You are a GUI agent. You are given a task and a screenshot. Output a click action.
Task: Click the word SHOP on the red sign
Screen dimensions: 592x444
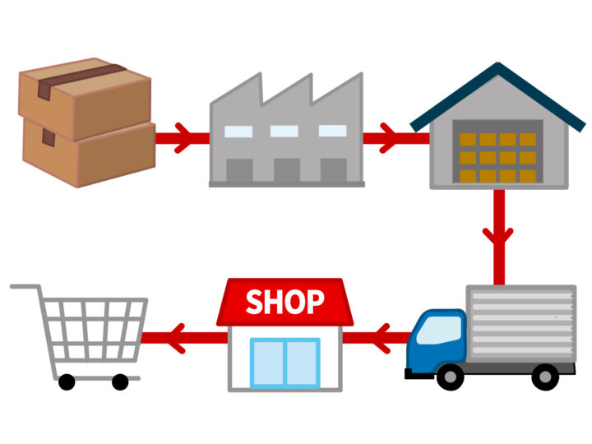(285, 302)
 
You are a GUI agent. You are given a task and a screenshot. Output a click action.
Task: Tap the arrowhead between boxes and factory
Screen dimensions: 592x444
(185, 138)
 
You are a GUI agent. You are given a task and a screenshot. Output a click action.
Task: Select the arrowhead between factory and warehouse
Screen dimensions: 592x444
(390, 138)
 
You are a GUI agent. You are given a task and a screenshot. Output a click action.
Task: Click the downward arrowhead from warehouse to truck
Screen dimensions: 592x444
(498, 236)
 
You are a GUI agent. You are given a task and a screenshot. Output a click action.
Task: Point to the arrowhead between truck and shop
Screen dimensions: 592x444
(382, 338)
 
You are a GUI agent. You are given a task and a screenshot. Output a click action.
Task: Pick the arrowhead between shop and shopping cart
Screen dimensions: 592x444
(178, 338)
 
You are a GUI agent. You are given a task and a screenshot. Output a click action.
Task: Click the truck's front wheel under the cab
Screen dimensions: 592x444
(451, 377)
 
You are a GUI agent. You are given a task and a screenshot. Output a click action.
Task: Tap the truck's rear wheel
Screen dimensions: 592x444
(545, 377)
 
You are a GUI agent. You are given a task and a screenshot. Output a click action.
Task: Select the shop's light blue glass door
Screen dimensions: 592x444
(285, 363)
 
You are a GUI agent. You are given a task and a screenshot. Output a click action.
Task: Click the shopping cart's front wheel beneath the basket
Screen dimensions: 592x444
(67, 382)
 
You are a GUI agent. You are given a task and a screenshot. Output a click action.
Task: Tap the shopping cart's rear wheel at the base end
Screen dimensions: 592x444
(120, 382)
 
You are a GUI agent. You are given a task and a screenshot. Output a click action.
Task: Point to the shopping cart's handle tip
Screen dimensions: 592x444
(12, 287)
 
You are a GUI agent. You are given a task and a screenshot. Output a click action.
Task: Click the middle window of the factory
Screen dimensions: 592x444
(284, 132)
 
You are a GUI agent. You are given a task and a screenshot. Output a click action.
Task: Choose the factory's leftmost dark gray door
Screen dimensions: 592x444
(239, 170)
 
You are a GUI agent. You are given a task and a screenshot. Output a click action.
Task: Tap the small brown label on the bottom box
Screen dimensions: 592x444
(49, 137)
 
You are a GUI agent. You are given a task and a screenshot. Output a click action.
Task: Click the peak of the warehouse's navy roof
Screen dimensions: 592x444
(498, 63)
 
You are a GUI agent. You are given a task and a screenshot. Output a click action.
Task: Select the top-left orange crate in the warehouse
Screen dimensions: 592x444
(468, 139)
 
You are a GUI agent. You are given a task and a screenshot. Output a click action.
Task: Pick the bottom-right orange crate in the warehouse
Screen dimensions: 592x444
(527, 176)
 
